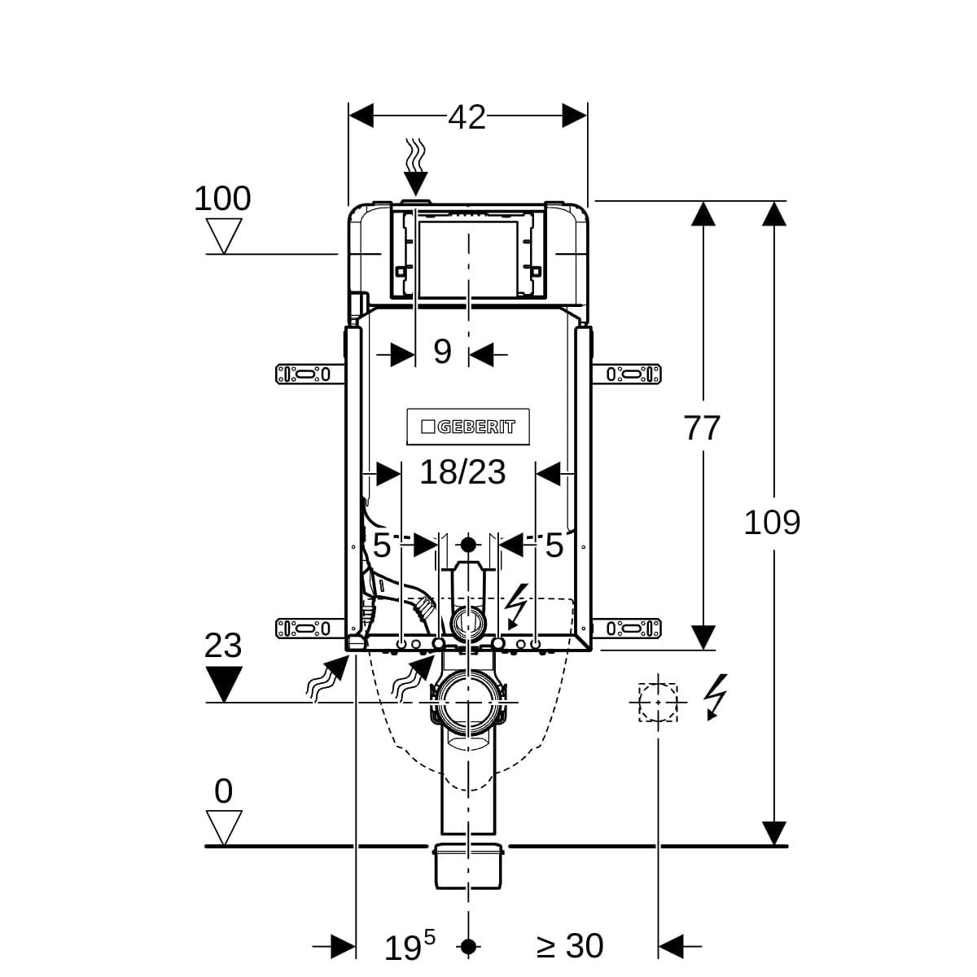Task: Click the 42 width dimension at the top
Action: tap(467, 117)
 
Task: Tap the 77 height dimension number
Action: tap(702, 428)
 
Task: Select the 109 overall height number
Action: tap(772, 523)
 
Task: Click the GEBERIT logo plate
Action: tap(468, 427)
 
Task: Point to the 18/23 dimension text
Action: tap(462, 472)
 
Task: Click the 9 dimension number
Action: tap(442, 351)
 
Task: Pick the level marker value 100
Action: tap(222, 198)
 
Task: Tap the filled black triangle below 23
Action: tap(224, 684)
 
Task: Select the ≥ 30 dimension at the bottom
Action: tap(570, 945)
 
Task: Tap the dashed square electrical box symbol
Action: tap(658, 702)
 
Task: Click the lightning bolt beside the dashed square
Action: tap(716, 696)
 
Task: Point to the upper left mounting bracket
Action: tap(309, 375)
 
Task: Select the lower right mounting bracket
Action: tap(627, 629)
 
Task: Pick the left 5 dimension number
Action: tap(382, 545)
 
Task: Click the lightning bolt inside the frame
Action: tap(518, 607)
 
